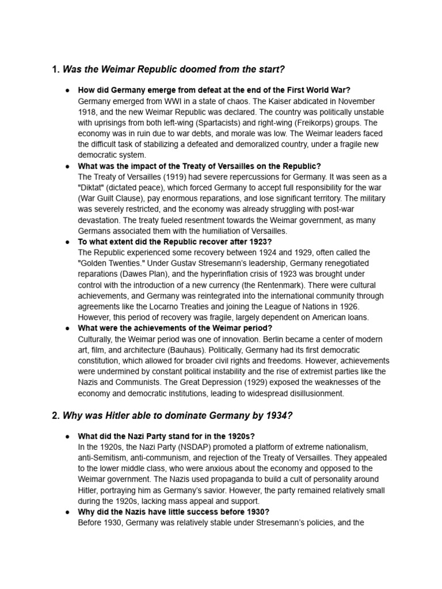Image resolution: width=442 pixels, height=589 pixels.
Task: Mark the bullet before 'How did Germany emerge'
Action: (x=68, y=90)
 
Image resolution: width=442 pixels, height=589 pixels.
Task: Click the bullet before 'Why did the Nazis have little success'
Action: (x=68, y=512)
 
